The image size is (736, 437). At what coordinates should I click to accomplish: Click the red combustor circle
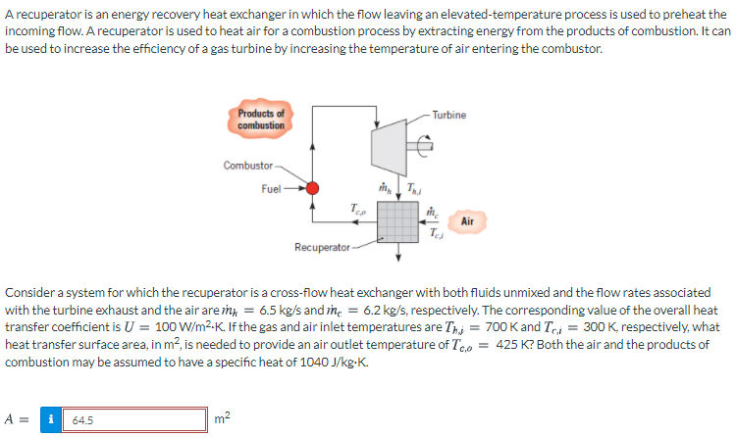(312, 188)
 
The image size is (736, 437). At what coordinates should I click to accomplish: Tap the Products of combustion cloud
(260, 120)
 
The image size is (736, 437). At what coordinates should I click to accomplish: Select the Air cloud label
(467, 221)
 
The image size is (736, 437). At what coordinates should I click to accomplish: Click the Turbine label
(449, 115)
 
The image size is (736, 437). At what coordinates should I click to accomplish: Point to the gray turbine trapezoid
(390, 147)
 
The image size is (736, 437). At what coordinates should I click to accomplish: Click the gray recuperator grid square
(398, 221)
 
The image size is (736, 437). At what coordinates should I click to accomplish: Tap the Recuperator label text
(322, 247)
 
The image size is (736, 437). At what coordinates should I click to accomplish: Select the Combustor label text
(248, 166)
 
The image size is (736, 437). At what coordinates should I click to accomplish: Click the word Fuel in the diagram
(271, 188)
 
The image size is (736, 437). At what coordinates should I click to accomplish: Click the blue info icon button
(51, 419)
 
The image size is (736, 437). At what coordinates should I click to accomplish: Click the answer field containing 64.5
(134, 419)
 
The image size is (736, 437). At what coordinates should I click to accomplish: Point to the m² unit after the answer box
(222, 417)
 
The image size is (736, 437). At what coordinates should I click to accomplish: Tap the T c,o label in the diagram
(357, 209)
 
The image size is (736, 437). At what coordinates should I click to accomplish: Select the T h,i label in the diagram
(413, 188)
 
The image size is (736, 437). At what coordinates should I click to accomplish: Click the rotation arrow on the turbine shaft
(425, 146)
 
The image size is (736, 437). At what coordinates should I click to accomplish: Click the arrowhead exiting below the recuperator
(398, 257)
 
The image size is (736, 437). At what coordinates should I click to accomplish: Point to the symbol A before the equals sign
(9, 419)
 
